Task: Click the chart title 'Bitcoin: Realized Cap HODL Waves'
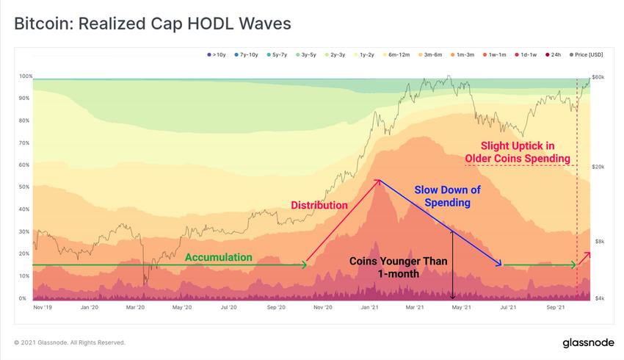click(x=153, y=24)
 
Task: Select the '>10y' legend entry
click(x=218, y=54)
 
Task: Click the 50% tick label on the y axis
click(x=24, y=187)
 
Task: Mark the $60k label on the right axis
click(x=599, y=76)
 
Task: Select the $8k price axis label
click(x=598, y=241)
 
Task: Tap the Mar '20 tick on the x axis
click(x=135, y=309)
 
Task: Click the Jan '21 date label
click(x=370, y=309)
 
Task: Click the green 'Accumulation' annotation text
click(x=218, y=258)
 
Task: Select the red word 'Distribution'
click(x=319, y=205)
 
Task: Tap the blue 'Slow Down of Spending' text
click(x=447, y=196)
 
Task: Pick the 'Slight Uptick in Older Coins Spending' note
click(x=518, y=151)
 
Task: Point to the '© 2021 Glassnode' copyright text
click(x=70, y=342)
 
